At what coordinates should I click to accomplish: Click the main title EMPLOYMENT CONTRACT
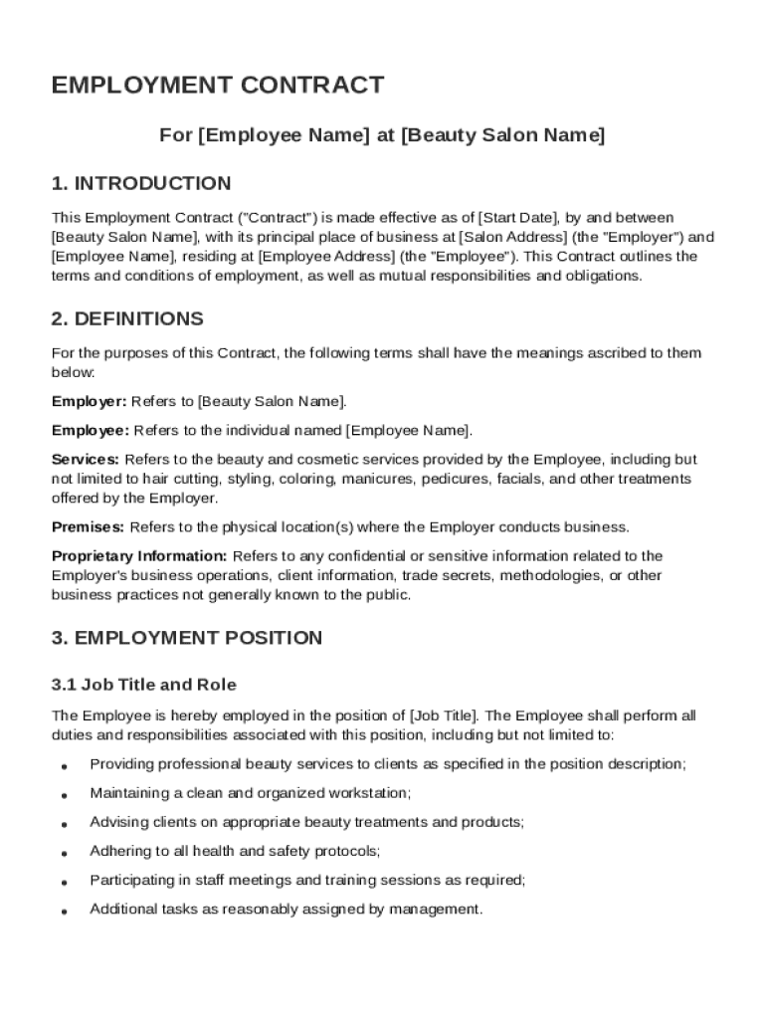point(217,86)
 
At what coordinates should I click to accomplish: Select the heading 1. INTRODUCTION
point(141,183)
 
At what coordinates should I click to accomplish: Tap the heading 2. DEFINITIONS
point(127,318)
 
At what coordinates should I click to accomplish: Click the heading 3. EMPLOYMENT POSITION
point(187,638)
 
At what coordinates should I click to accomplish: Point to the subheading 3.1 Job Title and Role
point(144,685)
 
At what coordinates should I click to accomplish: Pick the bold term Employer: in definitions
point(89,401)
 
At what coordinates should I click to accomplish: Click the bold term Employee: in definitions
point(90,430)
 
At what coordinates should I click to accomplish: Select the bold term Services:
point(86,459)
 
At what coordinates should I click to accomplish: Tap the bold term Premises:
point(88,526)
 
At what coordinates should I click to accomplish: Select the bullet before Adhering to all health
point(64,854)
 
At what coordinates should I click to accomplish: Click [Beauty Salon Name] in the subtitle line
point(502,135)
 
